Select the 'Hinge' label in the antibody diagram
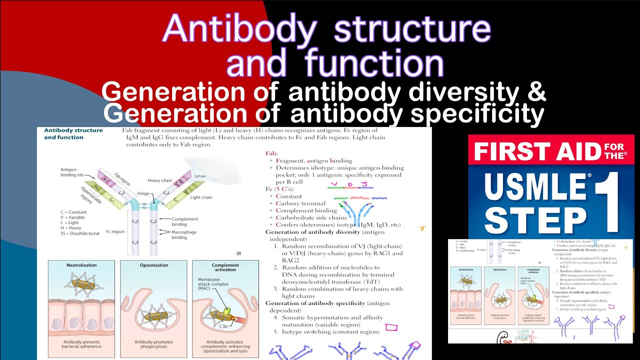142,193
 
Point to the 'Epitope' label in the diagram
200,176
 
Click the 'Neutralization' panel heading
81,265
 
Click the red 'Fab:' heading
273,153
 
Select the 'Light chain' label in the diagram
201,197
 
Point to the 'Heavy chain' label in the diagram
159,180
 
